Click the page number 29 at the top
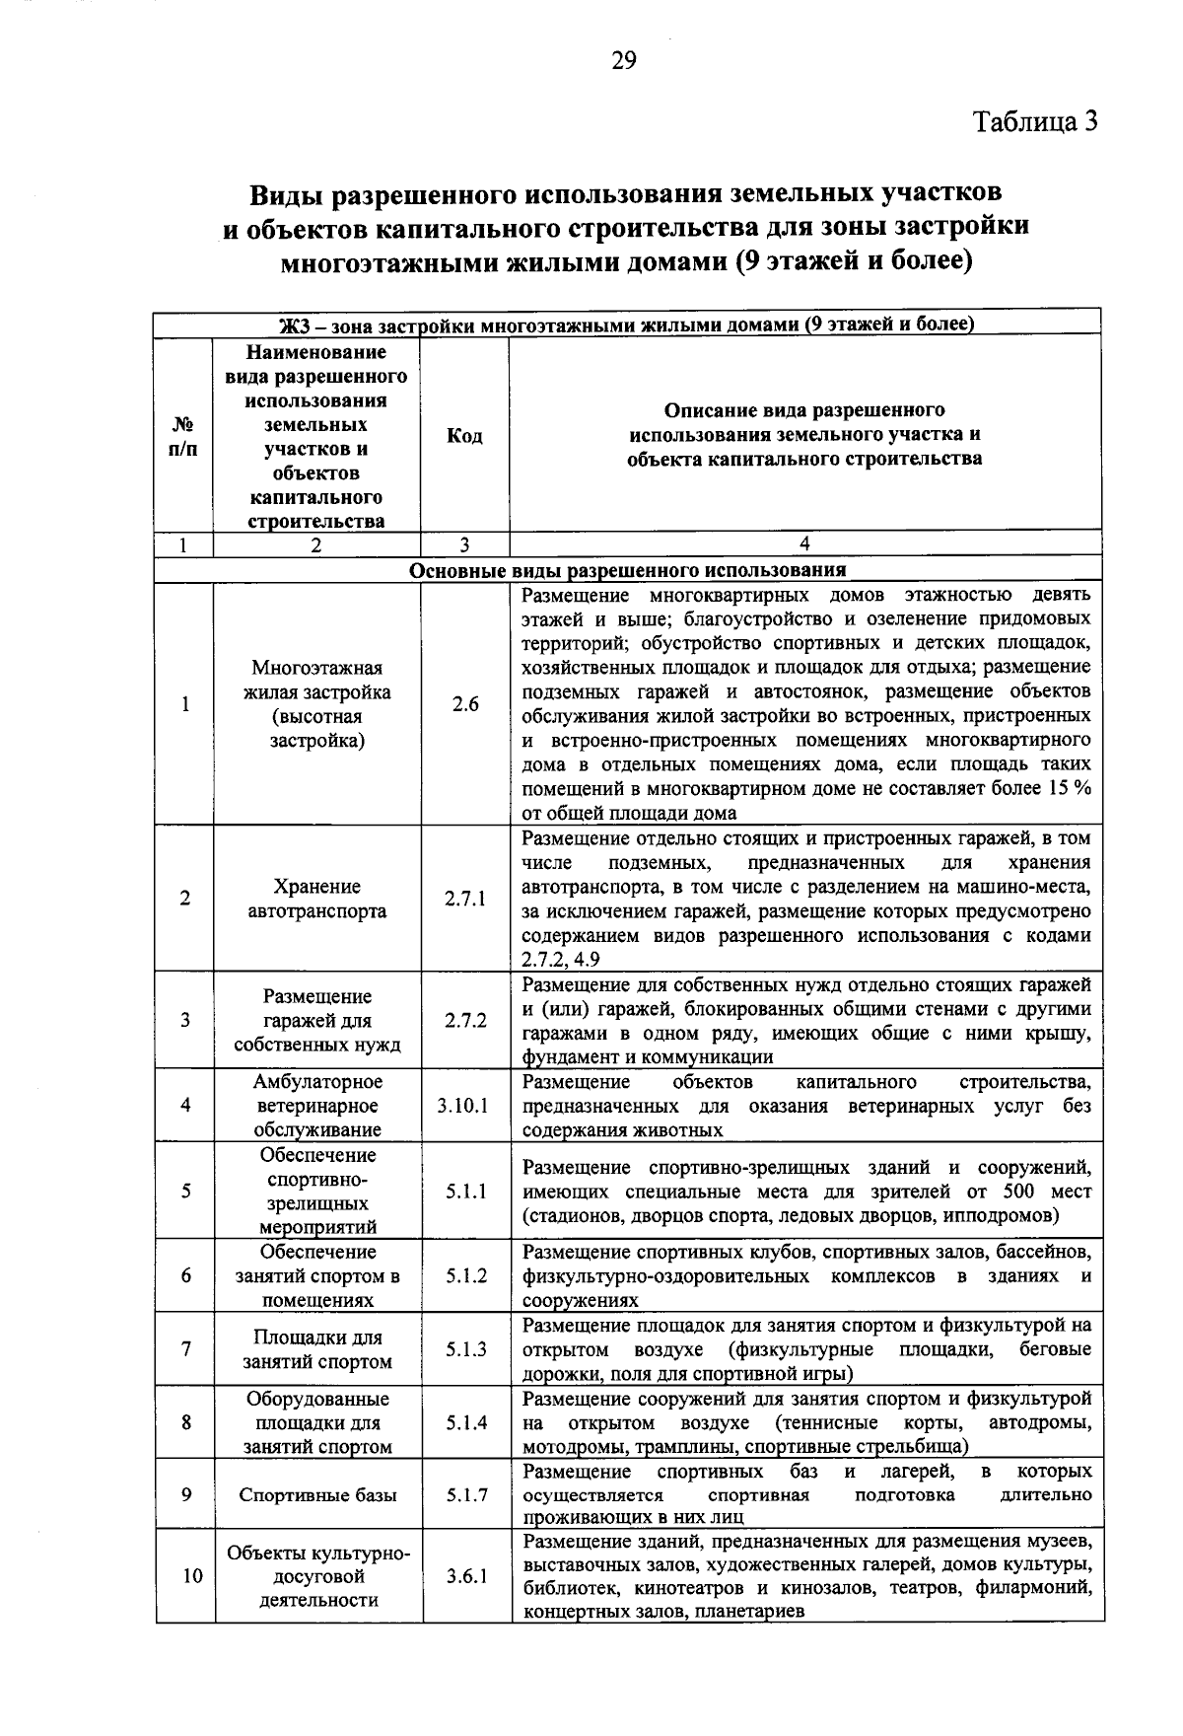click(x=624, y=61)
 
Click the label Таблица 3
click(x=1035, y=121)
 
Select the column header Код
click(x=464, y=436)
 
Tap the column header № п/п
click(x=184, y=436)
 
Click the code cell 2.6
click(x=465, y=704)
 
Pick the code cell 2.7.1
click(x=465, y=899)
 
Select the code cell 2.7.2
click(x=465, y=1021)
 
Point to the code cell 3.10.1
click(x=463, y=1106)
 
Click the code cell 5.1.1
click(x=465, y=1192)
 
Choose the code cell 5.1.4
click(x=465, y=1423)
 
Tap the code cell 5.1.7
click(x=465, y=1495)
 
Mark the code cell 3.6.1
click(x=465, y=1576)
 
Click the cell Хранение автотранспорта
click(x=317, y=899)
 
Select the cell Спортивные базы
click(x=317, y=1495)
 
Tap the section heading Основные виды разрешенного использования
click(x=628, y=570)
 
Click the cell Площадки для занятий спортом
click(x=317, y=1349)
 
